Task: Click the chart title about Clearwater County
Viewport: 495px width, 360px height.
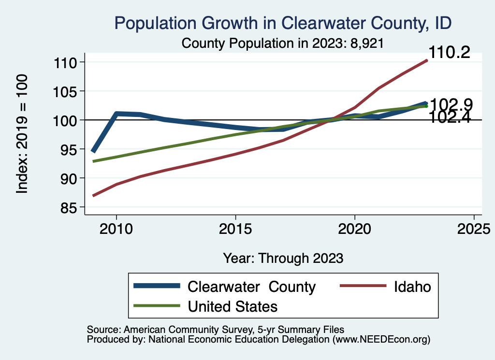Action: coord(282,23)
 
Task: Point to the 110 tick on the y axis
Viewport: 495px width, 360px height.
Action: coord(67,62)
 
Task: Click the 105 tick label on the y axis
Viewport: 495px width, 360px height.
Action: coord(67,91)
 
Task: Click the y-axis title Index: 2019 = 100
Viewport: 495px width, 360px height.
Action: coord(22,134)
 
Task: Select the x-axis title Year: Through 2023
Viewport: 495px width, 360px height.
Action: coord(283,258)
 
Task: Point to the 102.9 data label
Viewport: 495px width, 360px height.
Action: coord(451,104)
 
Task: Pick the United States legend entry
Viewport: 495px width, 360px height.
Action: coord(233,306)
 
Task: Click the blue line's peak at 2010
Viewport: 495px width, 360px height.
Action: coord(116,114)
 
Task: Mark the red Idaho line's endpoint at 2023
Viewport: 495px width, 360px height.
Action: coord(426,60)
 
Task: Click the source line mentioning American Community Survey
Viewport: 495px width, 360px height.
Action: coord(216,329)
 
